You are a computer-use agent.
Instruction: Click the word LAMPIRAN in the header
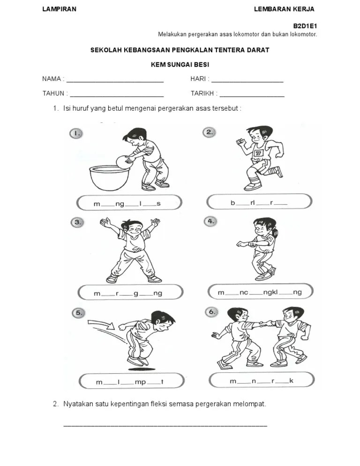pos(59,9)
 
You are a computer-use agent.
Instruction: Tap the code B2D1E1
pos(305,26)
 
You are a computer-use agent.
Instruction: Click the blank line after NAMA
pos(115,82)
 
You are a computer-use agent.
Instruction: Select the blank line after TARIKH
pos(252,96)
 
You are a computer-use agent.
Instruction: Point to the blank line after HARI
pos(247,82)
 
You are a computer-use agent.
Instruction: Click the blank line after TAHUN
pos(117,96)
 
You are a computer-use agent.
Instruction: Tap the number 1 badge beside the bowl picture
pos(76,134)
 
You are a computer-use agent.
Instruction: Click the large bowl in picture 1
pos(110,178)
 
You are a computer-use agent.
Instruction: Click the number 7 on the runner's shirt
pos(258,153)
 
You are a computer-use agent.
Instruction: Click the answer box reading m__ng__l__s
pos(129,203)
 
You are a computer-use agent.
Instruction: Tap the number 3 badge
pos(77,222)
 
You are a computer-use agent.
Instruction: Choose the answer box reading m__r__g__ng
pos(130,293)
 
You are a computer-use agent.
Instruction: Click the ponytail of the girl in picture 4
pos(275,233)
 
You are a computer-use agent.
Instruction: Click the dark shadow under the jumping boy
pos(142,369)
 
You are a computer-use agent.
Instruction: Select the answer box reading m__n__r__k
pos(262,380)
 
